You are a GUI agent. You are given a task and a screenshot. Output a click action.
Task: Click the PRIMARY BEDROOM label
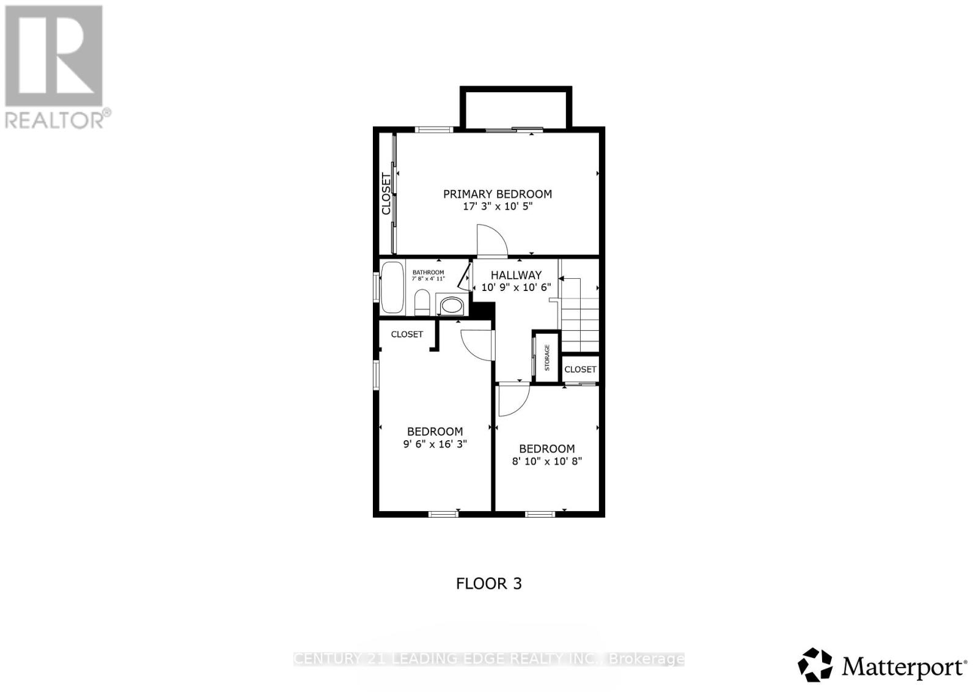[497, 194]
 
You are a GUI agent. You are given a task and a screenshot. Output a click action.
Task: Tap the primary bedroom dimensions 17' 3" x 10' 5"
[497, 207]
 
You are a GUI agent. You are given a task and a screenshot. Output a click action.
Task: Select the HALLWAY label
[516, 275]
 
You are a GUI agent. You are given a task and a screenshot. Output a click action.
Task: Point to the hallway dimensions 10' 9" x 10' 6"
[516, 287]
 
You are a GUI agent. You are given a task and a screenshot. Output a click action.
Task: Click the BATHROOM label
[428, 272]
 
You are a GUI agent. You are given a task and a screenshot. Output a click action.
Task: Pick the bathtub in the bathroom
[392, 288]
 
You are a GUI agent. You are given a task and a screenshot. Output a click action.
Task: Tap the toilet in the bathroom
[421, 303]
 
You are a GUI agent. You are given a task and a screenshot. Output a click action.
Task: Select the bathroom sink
[452, 305]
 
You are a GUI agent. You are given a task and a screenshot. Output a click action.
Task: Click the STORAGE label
[547, 358]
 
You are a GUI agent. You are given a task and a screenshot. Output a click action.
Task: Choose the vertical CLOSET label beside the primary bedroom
[386, 194]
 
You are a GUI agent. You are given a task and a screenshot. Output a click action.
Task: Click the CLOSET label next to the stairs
[580, 369]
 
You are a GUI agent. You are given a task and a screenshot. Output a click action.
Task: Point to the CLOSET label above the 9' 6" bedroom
[406, 334]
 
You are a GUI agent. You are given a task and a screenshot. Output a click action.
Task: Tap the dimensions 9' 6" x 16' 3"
[435, 444]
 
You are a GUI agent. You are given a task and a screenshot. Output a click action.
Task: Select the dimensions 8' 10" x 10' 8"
[546, 461]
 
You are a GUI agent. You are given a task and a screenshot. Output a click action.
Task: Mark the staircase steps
[579, 325]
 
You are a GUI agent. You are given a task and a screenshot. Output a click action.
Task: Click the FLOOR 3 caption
[488, 583]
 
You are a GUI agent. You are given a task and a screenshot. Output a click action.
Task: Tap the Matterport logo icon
[815, 664]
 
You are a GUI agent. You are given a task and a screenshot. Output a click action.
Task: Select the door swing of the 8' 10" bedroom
[512, 400]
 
